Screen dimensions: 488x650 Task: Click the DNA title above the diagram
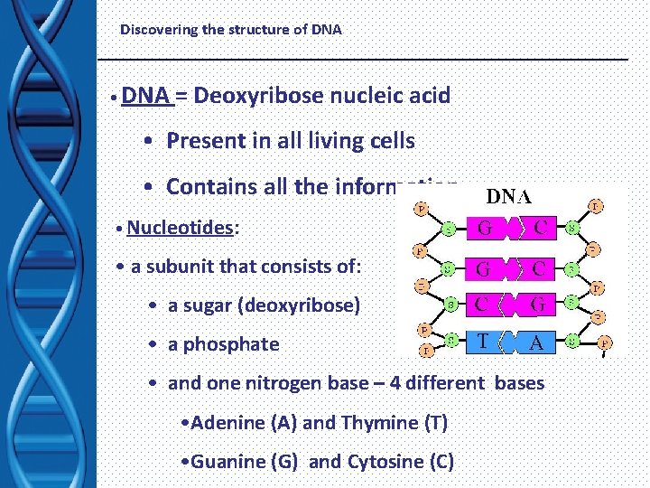pos(509,196)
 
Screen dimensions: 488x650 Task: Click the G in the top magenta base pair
pos(485,228)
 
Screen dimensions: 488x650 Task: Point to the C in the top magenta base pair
pos(540,228)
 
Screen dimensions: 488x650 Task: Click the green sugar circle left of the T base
pos(450,341)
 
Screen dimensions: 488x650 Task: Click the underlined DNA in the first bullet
pos(147,95)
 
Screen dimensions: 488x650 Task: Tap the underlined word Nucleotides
pos(181,227)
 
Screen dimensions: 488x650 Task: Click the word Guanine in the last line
pos(231,462)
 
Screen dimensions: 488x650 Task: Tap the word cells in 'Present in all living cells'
pos(387,141)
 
